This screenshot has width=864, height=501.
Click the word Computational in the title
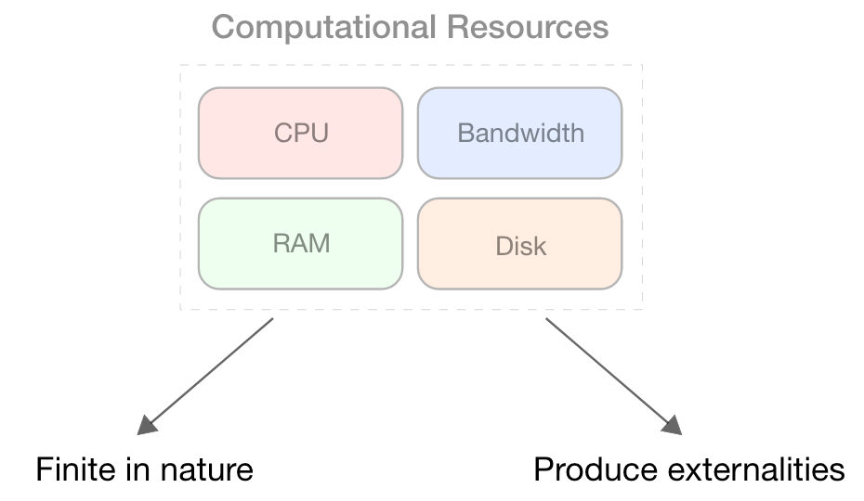point(324,27)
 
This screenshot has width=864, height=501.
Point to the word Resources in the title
point(527,27)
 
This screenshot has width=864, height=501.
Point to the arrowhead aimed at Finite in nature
point(147,425)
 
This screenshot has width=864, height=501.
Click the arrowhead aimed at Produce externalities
point(672,425)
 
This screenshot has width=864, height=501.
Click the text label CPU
point(301,133)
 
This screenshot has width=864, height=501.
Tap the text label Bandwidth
point(520,133)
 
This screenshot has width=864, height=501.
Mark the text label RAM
point(301,244)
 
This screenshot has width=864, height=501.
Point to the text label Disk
point(520,247)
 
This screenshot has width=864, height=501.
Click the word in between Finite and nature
point(136,469)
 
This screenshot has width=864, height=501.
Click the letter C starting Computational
point(223,27)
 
